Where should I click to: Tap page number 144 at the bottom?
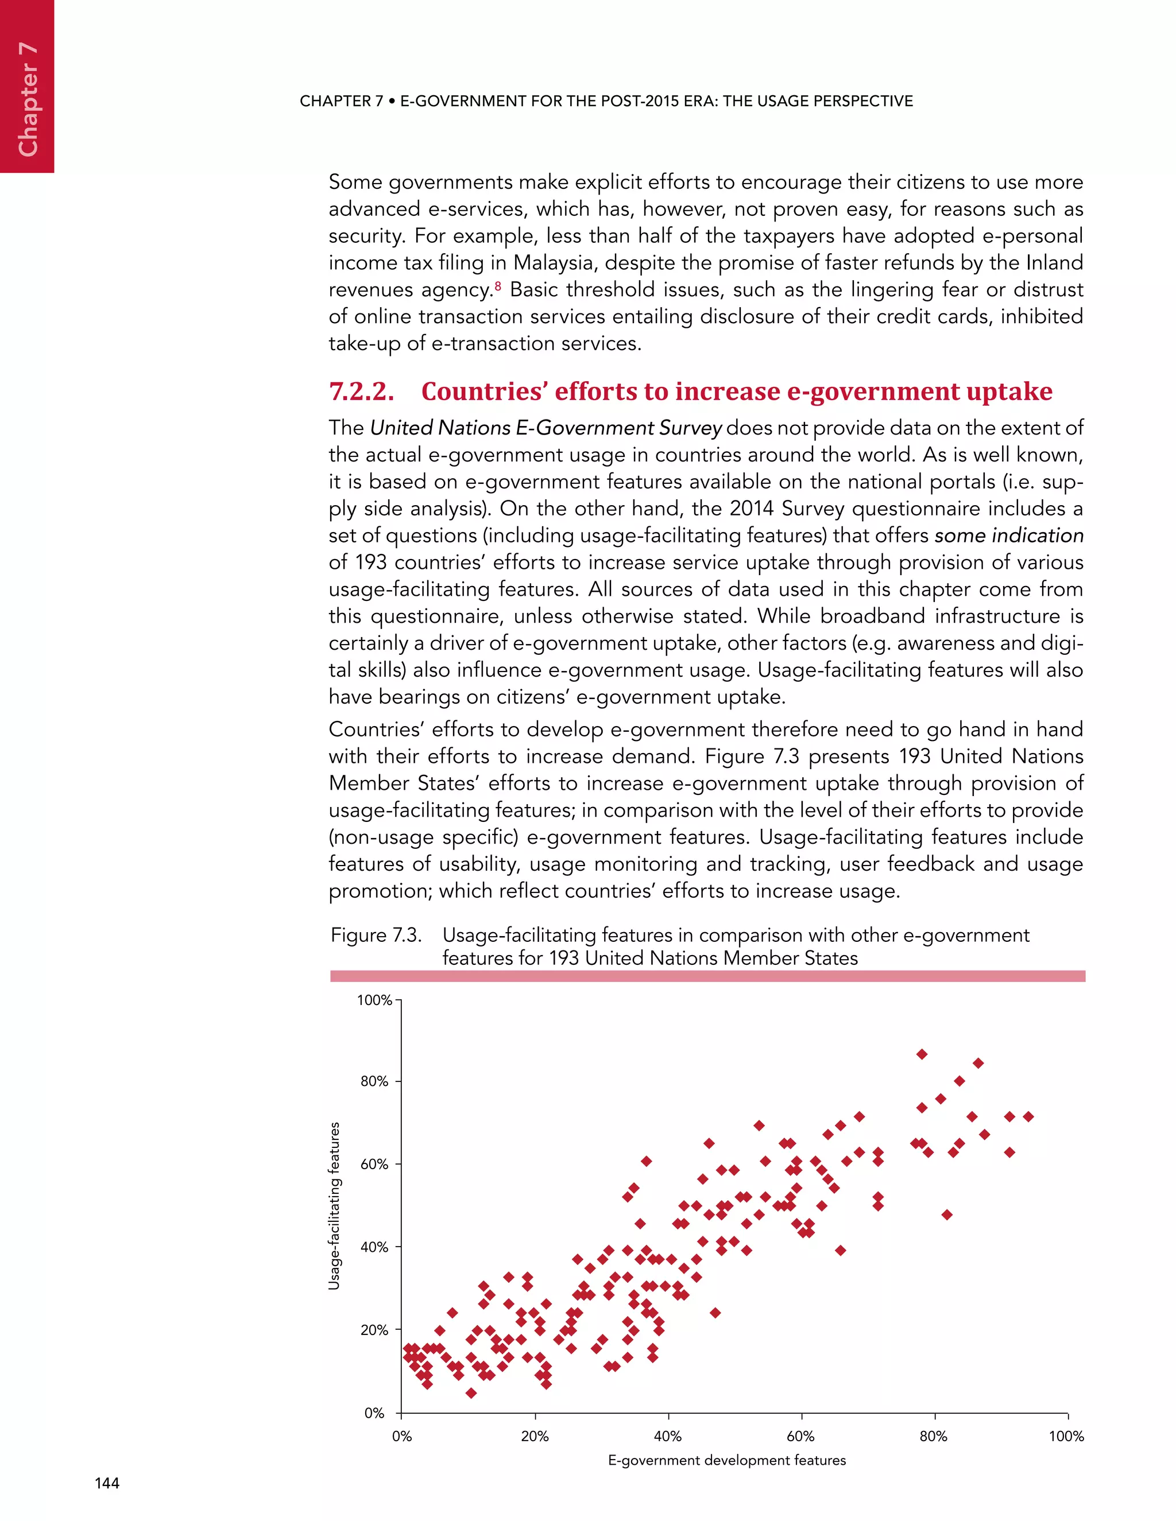pyautogui.click(x=107, y=1483)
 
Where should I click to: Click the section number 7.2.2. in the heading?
pyautogui.click(x=361, y=391)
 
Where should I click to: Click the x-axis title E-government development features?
pyautogui.click(x=726, y=1460)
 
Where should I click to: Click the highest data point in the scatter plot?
pyautogui.click(x=922, y=1054)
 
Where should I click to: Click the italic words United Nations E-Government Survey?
pyautogui.click(x=546, y=428)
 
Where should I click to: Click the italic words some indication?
pyautogui.click(x=1009, y=535)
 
